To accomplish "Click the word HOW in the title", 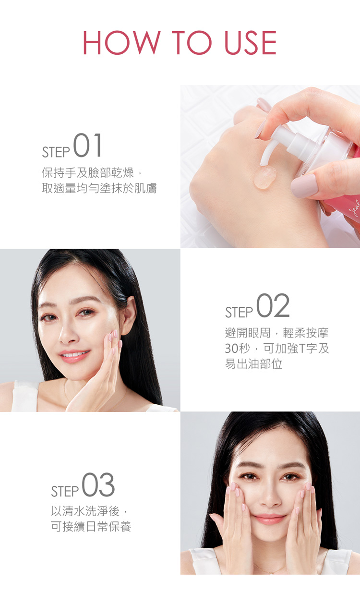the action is coord(122,43).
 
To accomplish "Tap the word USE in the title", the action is coord(251,43).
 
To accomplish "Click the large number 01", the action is coord(87,145).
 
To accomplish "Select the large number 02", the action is coord(273,305).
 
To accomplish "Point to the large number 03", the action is coord(98,485).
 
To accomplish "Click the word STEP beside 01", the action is coord(56,152).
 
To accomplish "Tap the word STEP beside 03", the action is coord(65,491).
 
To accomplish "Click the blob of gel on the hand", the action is coord(264,177).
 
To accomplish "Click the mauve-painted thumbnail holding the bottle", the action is coord(304,186).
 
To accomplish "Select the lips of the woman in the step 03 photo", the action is coord(269,519).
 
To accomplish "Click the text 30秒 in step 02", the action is coord(237,349).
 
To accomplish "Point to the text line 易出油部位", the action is coord(253,364).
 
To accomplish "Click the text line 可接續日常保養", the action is coord(91,526).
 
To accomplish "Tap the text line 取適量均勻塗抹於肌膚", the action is coord(99,188).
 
